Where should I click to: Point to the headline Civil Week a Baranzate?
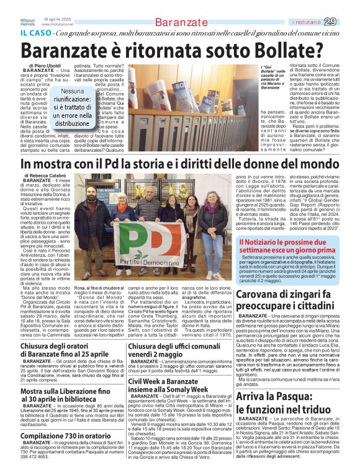tap(179, 387)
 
